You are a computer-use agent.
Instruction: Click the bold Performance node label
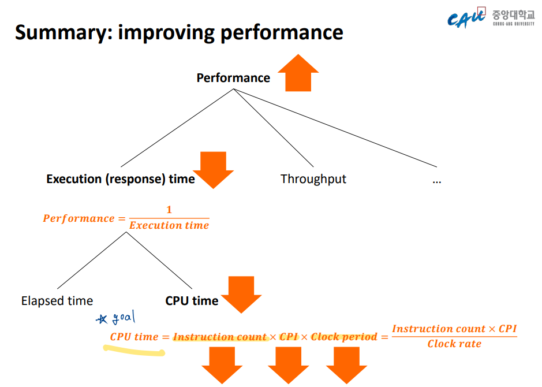(x=233, y=78)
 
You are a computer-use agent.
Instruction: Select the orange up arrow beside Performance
(x=298, y=74)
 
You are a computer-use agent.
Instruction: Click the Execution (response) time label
(x=121, y=179)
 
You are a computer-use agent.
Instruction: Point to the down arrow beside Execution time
(x=213, y=169)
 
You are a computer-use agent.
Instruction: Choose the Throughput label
(x=313, y=179)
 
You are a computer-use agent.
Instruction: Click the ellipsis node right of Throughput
(x=436, y=180)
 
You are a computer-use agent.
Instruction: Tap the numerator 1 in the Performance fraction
(x=169, y=210)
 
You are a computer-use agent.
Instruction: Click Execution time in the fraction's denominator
(x=169, y=225)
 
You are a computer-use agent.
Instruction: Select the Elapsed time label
(x=57, y=301)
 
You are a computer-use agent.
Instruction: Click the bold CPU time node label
(x=192, y=301)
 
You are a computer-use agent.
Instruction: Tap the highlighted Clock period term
(x=344, y=337)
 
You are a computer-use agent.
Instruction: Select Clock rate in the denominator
(x=454, y=344)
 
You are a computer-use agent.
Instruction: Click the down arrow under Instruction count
(x=222, y=365)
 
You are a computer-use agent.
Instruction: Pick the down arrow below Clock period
(x=346, y=365)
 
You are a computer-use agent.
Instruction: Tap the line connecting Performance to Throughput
(x=275, y=126)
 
